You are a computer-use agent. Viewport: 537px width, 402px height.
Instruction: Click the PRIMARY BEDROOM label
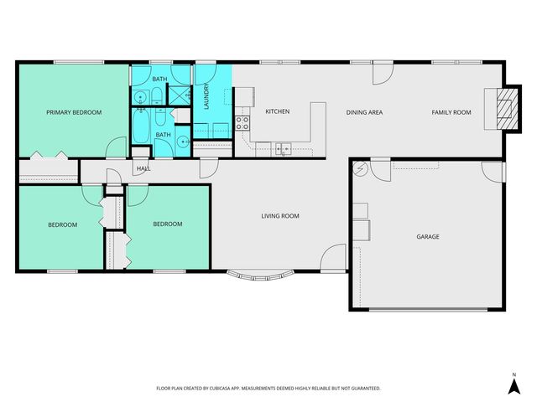coord(74,112)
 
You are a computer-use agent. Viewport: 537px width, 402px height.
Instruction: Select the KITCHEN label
coord(278,112)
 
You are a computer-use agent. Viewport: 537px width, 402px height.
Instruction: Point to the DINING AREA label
coord(365,112)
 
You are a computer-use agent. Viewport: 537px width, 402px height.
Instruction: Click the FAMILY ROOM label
coord(451,112)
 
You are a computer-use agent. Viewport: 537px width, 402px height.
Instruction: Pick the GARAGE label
coord(428,237)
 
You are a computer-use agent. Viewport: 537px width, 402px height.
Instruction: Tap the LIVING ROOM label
coord(280,216)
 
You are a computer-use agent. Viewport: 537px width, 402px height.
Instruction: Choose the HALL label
coord(143,169)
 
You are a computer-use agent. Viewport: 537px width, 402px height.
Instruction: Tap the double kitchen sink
coord(284,149)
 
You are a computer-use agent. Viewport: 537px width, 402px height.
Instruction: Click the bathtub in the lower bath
coord(142,131)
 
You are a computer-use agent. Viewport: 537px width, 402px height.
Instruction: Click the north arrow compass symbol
coord(514,384)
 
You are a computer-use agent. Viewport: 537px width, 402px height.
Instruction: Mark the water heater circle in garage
coord(361,168)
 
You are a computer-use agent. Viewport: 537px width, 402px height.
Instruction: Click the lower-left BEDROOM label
coord(62,224)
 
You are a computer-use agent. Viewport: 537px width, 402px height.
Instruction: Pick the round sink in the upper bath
coord(141,95)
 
